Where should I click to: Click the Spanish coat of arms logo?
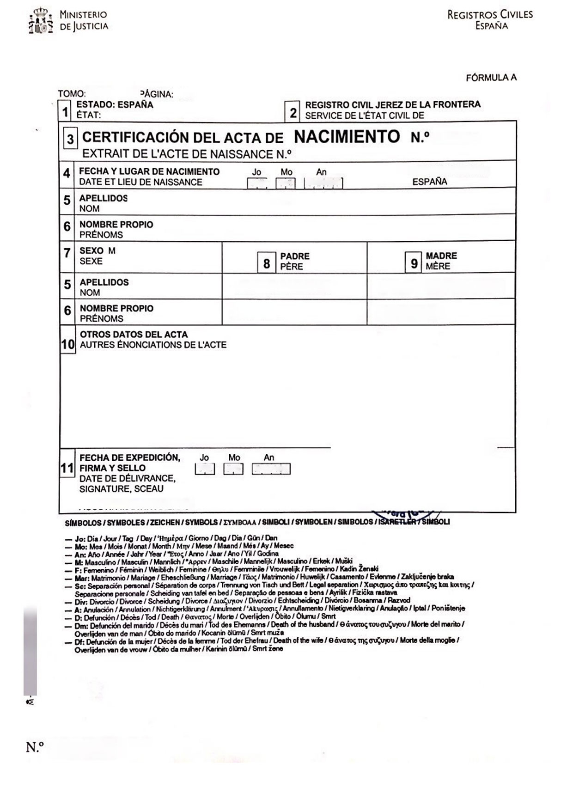tap(41, 21)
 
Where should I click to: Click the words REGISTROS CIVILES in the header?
tap(490, 15)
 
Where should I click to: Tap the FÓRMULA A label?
tap(491, 78)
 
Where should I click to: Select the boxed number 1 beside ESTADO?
tap(66, 112)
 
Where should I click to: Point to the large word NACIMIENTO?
tap(347, 137)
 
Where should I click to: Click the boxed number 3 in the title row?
tap(70, 139)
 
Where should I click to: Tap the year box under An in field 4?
tap(323, 183)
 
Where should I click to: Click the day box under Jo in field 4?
tap(257, 183)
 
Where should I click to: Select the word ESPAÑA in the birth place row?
tap(429, 182)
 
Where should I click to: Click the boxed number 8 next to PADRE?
tap(267, 263)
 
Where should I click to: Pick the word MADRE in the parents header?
tap(441, 256)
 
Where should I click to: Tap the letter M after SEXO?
tap(112, 251)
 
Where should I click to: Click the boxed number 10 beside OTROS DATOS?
tap(68, 344)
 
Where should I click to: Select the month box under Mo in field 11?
tap(233, 470)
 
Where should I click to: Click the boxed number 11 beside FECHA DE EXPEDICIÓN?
tap(67, 468)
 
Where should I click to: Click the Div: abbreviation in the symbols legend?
tap(81, 602)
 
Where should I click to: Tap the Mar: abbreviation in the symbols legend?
tap(82, 578)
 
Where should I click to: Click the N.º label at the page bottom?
tap(35, 747)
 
